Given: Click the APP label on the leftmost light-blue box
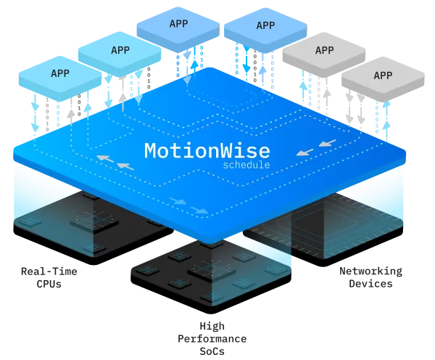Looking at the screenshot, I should tap(60, 73).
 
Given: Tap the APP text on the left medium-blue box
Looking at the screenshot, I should tap(178, 24).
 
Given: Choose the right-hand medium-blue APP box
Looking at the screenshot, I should tap(265, 26).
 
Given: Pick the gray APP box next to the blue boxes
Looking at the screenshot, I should tap(324, 51).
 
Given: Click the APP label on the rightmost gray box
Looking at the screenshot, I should tap(383, 75).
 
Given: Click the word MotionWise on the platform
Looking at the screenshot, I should tap(207, 151).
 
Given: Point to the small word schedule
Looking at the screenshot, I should tap(246, 165).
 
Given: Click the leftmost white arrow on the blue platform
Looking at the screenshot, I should tap(104, 157).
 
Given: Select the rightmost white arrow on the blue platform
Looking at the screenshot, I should tap(327, 143).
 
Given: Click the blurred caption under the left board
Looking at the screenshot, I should tap(49, 276).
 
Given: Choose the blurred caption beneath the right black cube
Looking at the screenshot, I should tap(371, 276).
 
